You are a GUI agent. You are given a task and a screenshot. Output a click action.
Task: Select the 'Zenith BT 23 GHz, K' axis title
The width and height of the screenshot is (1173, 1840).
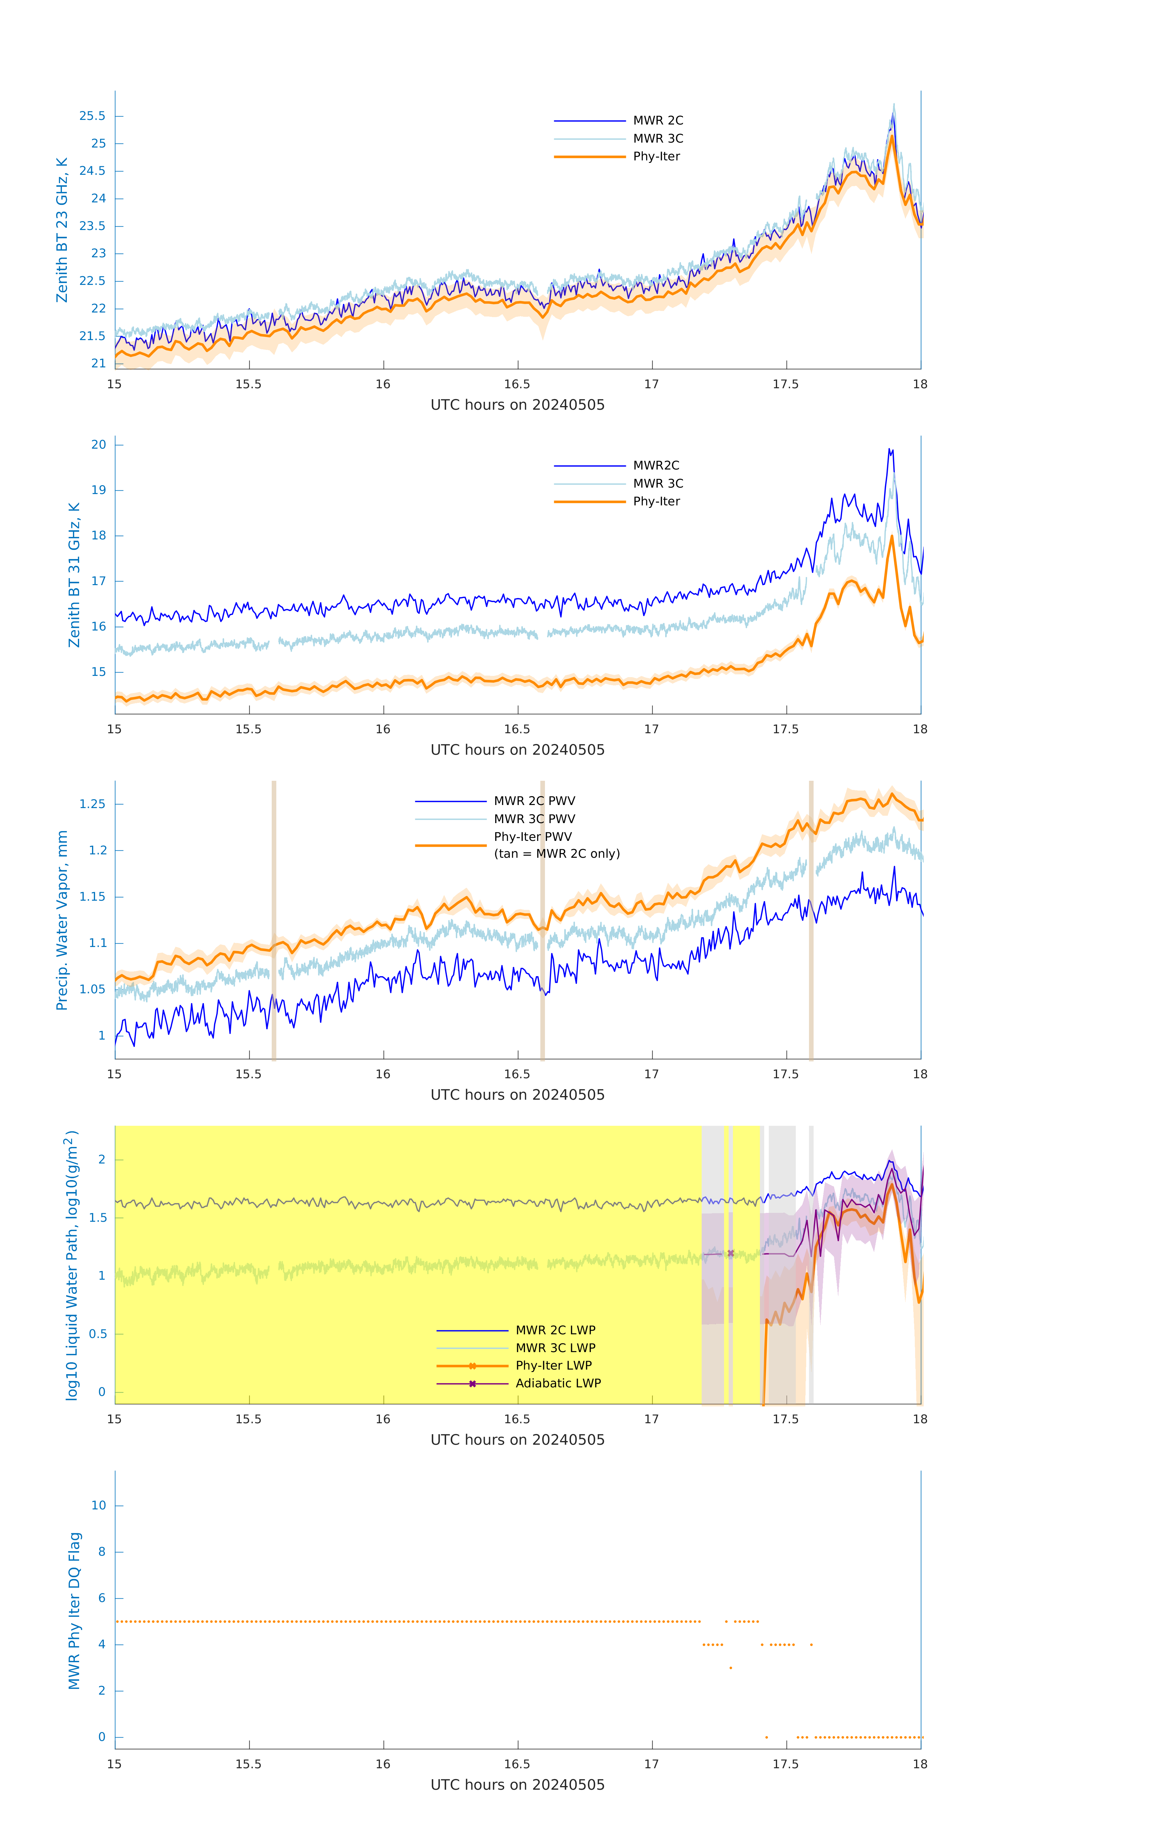coord(62,230)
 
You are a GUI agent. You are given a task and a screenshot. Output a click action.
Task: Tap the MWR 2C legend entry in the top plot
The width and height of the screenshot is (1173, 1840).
coord(657,121)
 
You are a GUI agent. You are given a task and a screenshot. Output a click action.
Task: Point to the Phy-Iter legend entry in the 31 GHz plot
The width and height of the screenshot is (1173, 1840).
coord(656,501)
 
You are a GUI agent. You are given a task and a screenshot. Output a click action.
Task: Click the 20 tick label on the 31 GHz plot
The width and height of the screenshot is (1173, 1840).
coord(98,445)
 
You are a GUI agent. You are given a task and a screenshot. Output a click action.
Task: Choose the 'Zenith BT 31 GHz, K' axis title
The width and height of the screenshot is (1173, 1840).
coord(74,575)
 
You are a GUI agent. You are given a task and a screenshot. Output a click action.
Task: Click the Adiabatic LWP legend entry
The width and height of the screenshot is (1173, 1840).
coord(558,1383)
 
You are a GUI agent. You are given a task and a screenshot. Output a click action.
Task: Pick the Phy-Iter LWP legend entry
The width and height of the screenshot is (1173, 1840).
coord(553,1366)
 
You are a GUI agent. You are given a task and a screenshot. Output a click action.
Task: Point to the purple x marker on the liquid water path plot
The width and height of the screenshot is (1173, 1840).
coord(730,1253)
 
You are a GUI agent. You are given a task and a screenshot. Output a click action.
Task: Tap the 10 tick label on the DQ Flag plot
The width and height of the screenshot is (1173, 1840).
coord(98,1505)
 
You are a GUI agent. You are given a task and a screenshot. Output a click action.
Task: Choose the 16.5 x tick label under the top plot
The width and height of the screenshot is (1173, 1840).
coord(517,384)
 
